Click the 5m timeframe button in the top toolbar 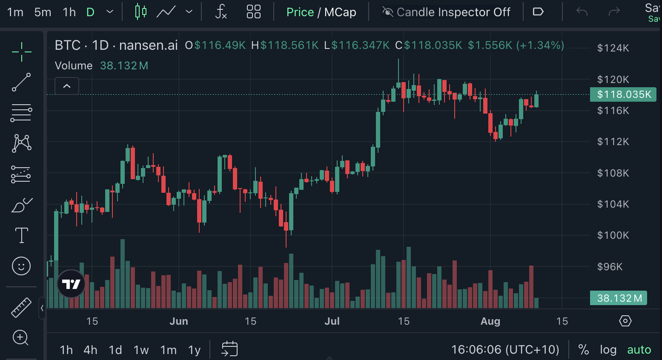pos(43,12)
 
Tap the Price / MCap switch pos(321,12)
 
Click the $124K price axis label pos(613,48)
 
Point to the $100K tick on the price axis pos(613,235)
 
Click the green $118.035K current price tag pos(623,94)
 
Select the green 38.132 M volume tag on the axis pos(619,298)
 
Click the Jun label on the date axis pos(179,321)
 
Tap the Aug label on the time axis pos(490,321)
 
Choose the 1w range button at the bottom pos(141,350)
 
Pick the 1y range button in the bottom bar pos(194,350)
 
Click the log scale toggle pos(608,350)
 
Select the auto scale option pos(639,350)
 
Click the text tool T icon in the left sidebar pos(21,235)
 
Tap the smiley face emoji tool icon pos(21,266)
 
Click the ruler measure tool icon pos(21,308)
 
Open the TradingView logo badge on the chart pos(71,284)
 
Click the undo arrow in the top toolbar pos(582,12)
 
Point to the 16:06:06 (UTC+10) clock pos(505,350)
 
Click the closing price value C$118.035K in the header pos(429,45)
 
